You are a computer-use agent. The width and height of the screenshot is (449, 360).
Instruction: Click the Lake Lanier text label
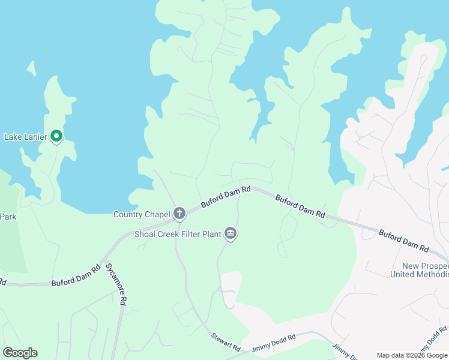tap(25, 137)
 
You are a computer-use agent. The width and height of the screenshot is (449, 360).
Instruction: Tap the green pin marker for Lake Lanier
tap(56, 137)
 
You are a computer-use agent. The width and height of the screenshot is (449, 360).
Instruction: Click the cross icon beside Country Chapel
tap(179, 213)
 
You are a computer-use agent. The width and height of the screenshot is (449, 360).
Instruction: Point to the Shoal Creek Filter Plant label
tap(177, 233)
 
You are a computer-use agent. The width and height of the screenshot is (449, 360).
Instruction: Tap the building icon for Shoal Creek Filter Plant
tap(230, 233)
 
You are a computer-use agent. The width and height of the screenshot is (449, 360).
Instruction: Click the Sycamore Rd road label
tap(116, 284)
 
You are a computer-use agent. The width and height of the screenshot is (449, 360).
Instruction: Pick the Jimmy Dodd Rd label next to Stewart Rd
tap(274, 343)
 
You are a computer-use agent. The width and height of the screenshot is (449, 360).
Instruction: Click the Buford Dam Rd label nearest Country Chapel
tap(226, 197)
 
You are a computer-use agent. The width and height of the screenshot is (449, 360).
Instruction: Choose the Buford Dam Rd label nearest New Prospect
tap(403, 239)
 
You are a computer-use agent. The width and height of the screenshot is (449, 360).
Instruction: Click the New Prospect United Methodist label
tap(419, 270)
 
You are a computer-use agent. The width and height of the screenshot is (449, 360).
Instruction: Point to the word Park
tap(8, 217)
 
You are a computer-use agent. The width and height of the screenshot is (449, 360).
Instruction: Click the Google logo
tap(20, 353)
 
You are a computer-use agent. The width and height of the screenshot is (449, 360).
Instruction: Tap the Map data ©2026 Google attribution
tap(412, 355)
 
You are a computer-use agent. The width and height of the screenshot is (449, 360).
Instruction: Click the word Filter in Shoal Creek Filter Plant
tap(190, 233)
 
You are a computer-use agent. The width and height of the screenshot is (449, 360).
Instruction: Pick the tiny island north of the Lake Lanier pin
tap(31, 68)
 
